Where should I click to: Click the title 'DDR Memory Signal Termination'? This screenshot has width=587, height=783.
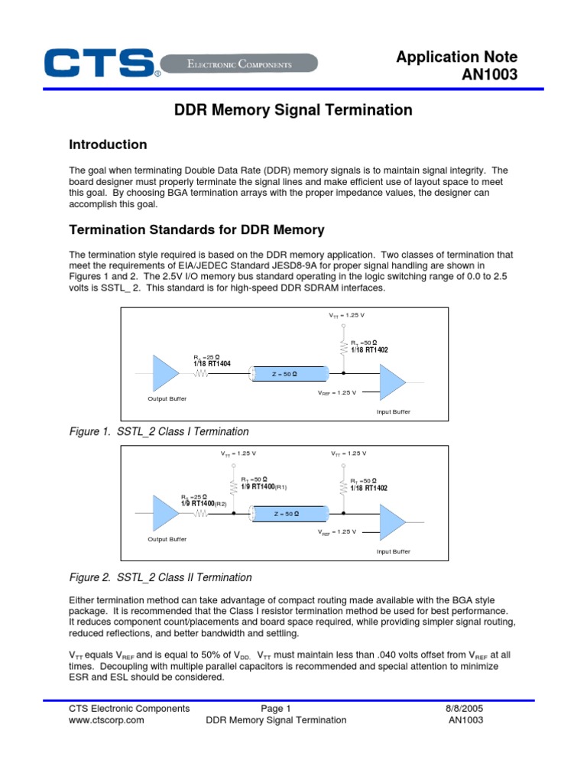click(x=293, y=110)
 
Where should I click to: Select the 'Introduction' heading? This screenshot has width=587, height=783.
click(x=108, y=145)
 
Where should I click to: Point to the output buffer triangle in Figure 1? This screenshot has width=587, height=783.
click(x=165, y=373)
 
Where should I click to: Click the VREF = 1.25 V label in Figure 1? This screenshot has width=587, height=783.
click(x=337, y=392)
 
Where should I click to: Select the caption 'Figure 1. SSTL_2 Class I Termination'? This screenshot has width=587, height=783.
click(x=159, y=432)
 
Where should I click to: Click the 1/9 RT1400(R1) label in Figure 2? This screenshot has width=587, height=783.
click(x=264, y=486)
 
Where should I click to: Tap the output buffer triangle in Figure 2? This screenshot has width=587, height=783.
click(x=165, y=514)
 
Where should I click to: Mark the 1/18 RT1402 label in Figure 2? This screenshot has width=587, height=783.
click(x=370, y=488)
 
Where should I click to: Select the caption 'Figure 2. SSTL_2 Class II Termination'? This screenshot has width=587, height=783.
click(x=161, y=577)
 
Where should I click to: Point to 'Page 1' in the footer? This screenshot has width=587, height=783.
click(x=276, y=709)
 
